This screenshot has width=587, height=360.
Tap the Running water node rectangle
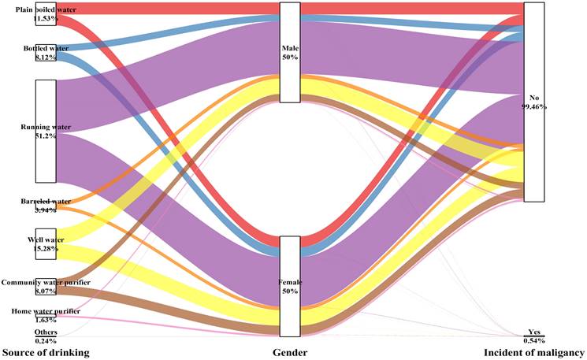click(x=46, y=131)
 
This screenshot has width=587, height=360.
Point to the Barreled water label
click(x=46, y=202)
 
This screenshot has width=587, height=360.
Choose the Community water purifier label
click(x=46, y=282)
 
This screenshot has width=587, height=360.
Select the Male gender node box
click(x=289, y=52)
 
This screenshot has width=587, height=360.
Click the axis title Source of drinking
click(x=44, y=351)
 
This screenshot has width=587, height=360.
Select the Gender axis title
click(x=289, y=351)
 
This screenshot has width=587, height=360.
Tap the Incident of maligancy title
click(x=535, y=351)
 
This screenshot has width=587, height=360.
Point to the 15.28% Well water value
click(x=46, y=250)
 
